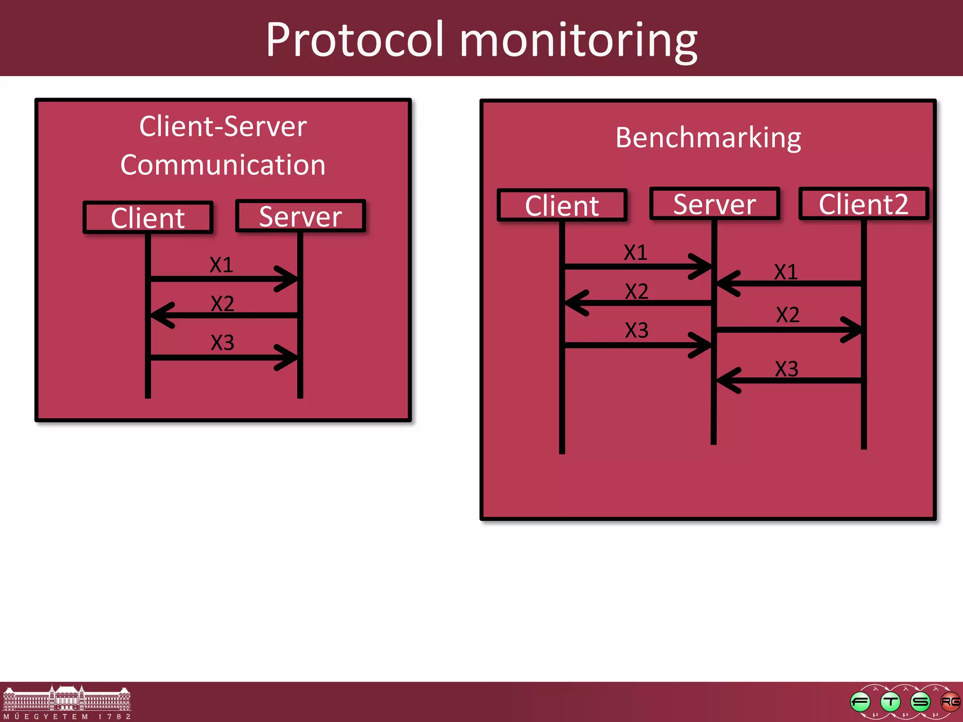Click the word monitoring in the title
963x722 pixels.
click(x=578, y=41)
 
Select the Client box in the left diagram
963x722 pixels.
click(x=148, y=218)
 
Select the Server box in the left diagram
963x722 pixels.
click(x=300, y=216)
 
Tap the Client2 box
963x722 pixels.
click(x=863, y=204)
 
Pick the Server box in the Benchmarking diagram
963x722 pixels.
click(x=714, y=204)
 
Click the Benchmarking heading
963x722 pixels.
click(x=708, y=138)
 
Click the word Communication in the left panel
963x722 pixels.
click(x=223, y=165)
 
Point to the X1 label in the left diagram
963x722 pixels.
click(x=221, y=265)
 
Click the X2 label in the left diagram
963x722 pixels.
click(x=222, y=304)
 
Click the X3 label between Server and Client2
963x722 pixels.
click(x=786, y=369)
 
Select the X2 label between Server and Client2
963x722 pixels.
click(x=788, y=315)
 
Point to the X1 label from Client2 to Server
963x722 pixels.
click(x=786, y=272)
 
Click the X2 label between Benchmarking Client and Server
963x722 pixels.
click(x=636, y=291)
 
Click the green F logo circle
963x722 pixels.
click(x=860, y=702)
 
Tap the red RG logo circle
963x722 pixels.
click(x=950, y=702)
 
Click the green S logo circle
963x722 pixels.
click(x=920, y=702)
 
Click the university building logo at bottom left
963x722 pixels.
click(x=67, y=700)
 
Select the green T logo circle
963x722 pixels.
click(x=890, y=702)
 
